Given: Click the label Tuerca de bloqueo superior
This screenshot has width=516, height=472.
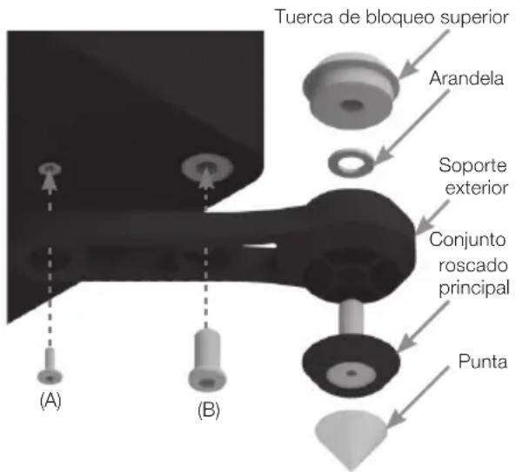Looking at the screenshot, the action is (x=392, y=17).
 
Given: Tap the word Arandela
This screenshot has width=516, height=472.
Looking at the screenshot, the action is (x=466, y=78).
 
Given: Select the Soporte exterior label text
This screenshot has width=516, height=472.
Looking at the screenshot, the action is (x=473, y=176).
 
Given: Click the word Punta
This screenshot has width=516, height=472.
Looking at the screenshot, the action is (x=482, y=362).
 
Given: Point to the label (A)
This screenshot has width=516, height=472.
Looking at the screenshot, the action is (x=50, y=401).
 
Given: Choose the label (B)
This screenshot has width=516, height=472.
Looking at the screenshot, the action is (x=209, y=410).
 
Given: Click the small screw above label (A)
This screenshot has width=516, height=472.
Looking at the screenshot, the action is (x=50, y=366).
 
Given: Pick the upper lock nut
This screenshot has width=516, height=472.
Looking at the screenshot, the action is (x=351, y=90).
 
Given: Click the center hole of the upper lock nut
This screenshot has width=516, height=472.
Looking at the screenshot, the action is (x=352, y=105).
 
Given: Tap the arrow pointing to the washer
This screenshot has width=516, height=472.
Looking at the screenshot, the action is (x=412, y=127).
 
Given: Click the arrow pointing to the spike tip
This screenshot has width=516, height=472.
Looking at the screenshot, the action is (x=419, y=396).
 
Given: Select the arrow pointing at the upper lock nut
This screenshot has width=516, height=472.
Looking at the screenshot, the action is (x=424, y=54).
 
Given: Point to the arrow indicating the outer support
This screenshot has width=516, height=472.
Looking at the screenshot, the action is (x=432, y=217).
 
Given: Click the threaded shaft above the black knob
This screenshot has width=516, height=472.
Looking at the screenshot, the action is (x=352, y=316).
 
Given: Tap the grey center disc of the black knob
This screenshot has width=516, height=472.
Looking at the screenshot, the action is (x=352, y=374).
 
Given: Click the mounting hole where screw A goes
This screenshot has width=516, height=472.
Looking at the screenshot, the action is (x=50, y=169).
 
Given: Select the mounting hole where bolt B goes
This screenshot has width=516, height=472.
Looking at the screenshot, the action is (x=207, y=166).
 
